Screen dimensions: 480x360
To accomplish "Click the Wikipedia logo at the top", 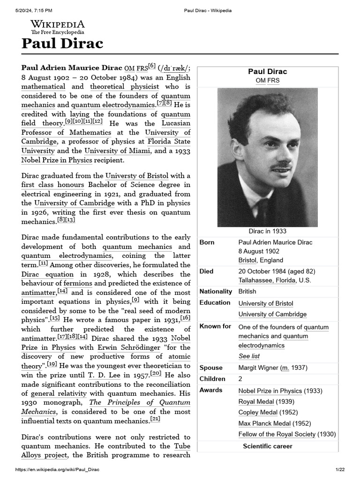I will (58, 27).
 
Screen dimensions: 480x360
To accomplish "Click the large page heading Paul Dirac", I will (62, 44).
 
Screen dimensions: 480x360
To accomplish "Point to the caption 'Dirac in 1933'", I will (267, 231).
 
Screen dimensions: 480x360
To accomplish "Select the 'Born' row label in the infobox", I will (207, 242).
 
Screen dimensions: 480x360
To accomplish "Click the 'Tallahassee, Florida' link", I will (268, 280).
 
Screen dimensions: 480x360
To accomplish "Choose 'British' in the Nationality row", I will (247, 292).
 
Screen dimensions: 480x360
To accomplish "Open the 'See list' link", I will (249, 356).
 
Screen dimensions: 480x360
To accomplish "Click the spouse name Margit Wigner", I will (258, 368).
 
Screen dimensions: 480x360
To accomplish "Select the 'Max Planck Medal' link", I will (264, 424).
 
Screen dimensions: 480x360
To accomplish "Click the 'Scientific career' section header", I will (267, 446).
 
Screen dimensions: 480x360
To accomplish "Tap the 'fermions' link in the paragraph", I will (78, 283).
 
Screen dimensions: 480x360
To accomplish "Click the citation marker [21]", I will (155, 419).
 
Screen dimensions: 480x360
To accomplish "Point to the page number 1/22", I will (340, 470).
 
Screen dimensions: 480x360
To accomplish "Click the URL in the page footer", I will (58, 470).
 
